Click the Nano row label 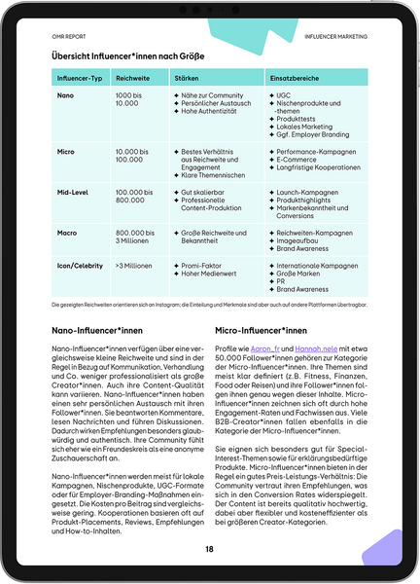66,94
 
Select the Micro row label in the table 67,154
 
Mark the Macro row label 68,234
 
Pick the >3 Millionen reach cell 135,265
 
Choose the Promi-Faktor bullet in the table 203,265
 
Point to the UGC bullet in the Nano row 284,94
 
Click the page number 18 209,549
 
